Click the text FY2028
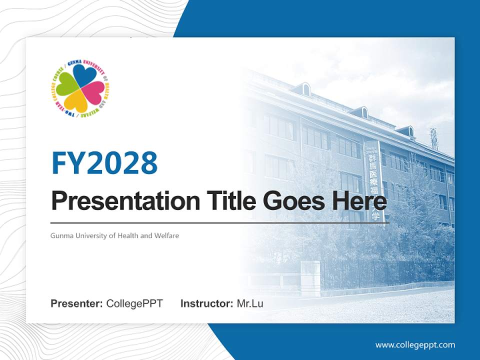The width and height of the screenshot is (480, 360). tap(104, 163)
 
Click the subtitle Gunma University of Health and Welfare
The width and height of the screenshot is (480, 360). tap(114, 235)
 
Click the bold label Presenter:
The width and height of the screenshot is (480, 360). tap(77, 303)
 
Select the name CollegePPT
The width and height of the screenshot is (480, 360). tap(134, 303)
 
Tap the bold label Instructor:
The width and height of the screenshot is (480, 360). tap(206, 303)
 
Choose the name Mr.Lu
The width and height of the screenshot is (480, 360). tap(250, 303)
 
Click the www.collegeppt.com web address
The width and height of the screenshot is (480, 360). tap(415, 344)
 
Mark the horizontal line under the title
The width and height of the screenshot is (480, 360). tap(219, 223)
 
